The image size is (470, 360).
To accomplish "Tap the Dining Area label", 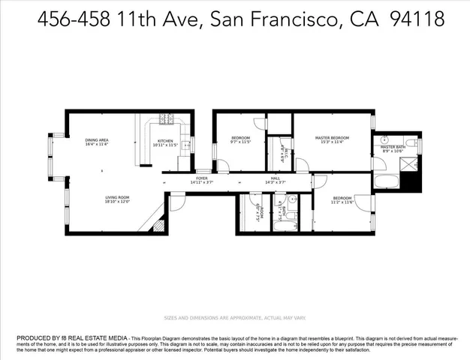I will [x=97, y=140].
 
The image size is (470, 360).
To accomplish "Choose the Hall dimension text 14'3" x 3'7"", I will [x=276, y=182].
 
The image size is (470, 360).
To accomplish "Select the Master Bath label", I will [x=392, y=147].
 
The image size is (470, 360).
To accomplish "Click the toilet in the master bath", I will [x=411, y=142].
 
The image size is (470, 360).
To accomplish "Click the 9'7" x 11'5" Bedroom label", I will [x=240, y=139].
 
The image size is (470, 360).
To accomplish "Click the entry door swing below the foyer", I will [x=176, y=200].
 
